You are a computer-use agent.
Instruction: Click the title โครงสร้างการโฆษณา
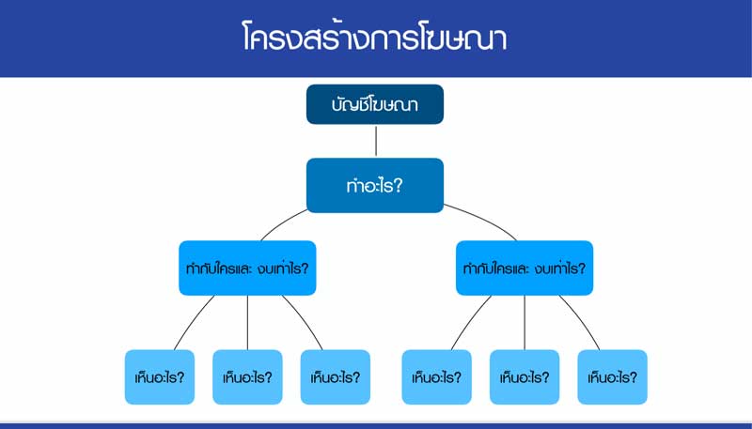375,38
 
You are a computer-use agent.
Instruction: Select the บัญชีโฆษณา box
374,104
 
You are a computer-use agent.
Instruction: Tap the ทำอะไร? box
374,185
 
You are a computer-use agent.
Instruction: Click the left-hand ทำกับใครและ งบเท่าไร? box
248,268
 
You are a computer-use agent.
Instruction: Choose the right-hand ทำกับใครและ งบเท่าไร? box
525,268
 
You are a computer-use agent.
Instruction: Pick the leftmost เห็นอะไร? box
160,377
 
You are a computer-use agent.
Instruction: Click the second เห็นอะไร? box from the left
248,377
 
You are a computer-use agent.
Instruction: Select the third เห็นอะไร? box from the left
336,377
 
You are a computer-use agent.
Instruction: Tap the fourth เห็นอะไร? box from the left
437,377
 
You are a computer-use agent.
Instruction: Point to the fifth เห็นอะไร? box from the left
525,377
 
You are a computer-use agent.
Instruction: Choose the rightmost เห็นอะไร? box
612,377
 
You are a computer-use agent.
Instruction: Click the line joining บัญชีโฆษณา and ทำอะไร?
375,141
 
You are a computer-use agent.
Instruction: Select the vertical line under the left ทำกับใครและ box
248,323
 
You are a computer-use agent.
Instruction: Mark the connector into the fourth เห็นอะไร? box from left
463,321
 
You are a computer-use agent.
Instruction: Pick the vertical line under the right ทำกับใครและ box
525,323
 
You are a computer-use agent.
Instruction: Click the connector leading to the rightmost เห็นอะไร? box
583,321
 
